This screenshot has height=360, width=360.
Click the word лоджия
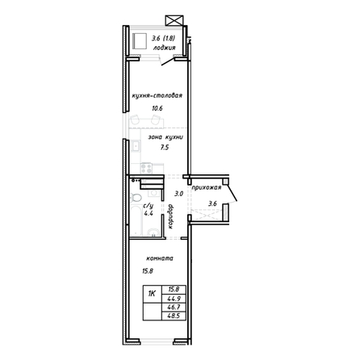(164, 48)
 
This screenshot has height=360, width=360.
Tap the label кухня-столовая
(157, 95)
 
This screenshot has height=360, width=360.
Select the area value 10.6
(157, 108)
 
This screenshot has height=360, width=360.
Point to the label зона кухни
(165, 137)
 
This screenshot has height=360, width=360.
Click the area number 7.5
(165, 147)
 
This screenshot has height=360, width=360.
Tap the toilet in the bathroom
(136, 198)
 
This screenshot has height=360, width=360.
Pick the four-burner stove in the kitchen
(146, 168)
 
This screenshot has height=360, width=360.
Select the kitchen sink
(136, 146)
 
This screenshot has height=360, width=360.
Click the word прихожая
(207, 187)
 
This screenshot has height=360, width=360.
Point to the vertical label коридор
(170, 216)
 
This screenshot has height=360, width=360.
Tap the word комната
(160, 258)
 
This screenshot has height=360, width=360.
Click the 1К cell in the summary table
(153, 294)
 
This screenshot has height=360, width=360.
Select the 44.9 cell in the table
(174, 298)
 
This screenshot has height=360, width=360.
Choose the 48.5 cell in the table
(174, 316)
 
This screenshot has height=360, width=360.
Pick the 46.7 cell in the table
(174, 307)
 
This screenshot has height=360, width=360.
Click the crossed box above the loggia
(174, 21)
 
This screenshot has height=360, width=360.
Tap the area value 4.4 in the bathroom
(149, 214)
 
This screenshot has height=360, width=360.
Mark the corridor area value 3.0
(178, 194)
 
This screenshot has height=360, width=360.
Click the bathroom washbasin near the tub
(153, 232)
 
